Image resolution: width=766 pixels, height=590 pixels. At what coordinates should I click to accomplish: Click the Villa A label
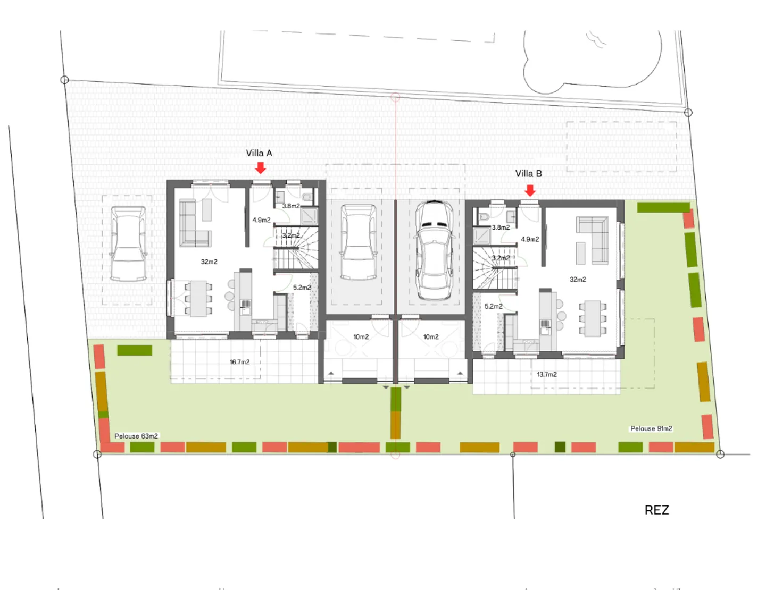point(259,153)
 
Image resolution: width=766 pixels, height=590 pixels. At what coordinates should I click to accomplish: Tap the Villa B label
point(528,174)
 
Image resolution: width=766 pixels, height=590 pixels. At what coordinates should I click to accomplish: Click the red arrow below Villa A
point(260,168)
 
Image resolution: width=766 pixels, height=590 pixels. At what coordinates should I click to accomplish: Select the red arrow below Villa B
point(530,190)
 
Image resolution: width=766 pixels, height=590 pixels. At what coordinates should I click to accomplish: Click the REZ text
point(656,510)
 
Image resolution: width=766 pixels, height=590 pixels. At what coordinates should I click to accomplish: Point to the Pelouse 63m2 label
point(136,436)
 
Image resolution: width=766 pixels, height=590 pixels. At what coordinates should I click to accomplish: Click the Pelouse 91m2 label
point(651,428)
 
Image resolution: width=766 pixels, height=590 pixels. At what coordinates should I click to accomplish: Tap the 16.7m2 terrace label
point(239,362)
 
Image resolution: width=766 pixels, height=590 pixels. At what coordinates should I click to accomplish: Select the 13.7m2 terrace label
point(547,374)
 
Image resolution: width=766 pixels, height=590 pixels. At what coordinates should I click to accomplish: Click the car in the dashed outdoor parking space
point(128,243)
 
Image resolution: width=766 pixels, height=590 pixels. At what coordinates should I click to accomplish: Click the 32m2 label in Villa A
point(209,262)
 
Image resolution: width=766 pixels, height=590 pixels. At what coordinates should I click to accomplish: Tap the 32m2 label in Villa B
point(578,280)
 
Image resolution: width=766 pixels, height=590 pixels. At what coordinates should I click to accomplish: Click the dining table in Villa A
point(198,298)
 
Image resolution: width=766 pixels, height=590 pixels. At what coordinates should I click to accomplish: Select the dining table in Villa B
point(592,318)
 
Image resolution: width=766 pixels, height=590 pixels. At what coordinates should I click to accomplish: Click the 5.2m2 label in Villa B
point(493,306)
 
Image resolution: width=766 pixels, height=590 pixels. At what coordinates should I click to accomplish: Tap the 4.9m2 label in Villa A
point(261,220)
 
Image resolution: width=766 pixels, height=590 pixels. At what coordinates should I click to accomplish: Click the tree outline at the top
point(590,58)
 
